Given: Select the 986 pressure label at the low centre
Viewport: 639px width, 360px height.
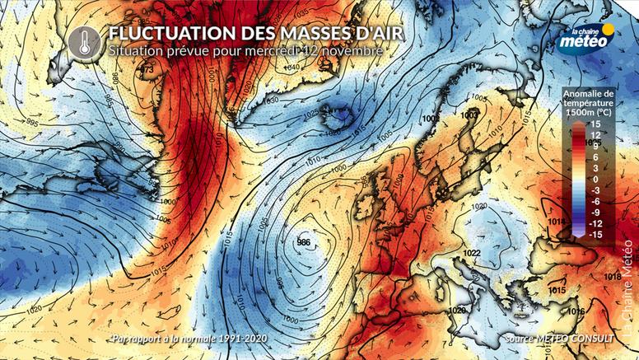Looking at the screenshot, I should click(x=303, y=242).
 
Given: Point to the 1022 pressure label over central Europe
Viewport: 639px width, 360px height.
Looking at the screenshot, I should click(x=472, y=252).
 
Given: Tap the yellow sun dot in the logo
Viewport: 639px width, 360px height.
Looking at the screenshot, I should click(x=608, y=30).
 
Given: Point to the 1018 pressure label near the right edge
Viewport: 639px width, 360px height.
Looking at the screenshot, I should click(x=612, y=278).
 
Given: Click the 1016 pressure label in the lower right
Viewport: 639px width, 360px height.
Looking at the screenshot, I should click(x=576, y=311).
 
